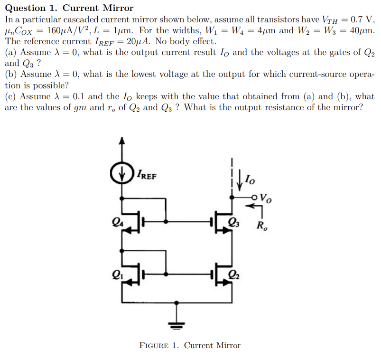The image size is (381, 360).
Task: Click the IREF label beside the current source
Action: [147, 175]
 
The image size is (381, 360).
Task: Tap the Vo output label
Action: [267, 198]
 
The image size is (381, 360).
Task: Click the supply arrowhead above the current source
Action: [122, 141]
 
